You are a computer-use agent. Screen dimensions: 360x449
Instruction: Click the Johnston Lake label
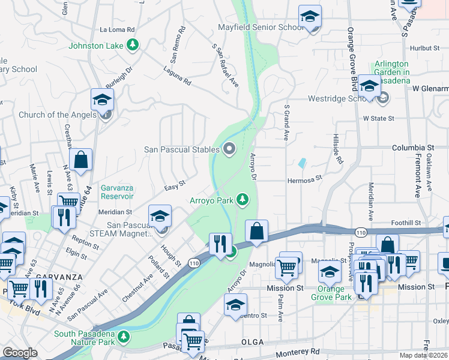point(95,46)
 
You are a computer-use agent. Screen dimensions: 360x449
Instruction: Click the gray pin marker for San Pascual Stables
point(229,149)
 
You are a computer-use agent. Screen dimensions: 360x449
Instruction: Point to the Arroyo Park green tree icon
point(243,200)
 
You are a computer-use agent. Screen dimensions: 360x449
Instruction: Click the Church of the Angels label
point(57,115)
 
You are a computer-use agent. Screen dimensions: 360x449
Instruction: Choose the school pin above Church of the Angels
point(103,99)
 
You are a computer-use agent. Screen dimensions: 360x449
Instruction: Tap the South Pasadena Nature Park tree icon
point(124,336)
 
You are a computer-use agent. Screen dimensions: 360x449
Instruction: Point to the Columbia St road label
point(413,147)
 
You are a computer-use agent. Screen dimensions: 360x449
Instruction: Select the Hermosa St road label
point(305,178)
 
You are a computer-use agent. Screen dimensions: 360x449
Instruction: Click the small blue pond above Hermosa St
point(301,163)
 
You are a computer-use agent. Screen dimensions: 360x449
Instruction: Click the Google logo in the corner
point(20,353)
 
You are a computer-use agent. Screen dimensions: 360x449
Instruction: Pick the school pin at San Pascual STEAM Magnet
point(160,216)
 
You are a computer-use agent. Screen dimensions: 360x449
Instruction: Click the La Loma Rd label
point(118,29)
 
